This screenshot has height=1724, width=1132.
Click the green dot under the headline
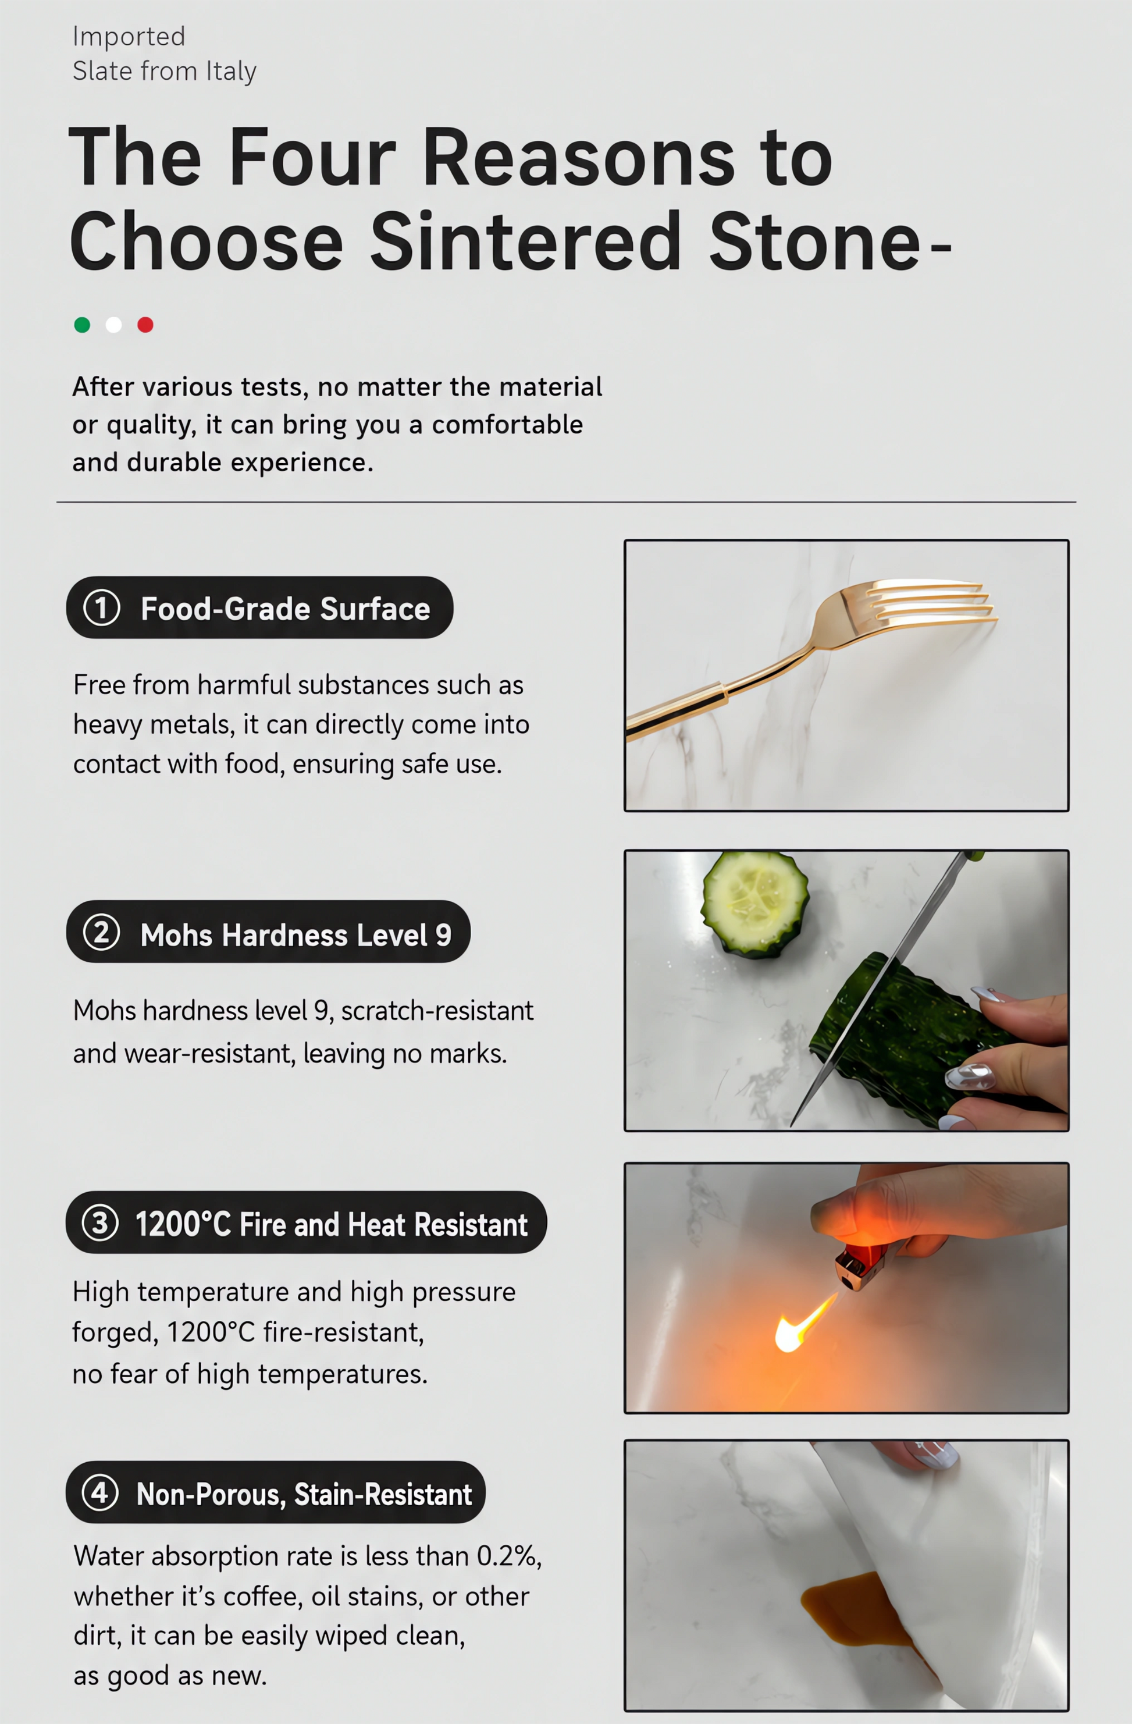[x=82, y=325]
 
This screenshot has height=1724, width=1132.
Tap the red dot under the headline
[x=145, y=325]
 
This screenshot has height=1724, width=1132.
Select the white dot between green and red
[x=113, y=325]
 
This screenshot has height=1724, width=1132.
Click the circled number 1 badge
[x=101, y=608]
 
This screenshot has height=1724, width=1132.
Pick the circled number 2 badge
[x=101, y=932]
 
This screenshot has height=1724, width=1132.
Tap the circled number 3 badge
[x=100, y=1222]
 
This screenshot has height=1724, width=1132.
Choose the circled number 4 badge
[x=100, y=1492]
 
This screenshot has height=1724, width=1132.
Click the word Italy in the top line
[x=231, y=72]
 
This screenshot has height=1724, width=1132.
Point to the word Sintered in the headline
[x=526, y=241]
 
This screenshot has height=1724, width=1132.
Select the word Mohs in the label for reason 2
[x=177, y=935]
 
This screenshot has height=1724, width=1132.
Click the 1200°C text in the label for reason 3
[x=183, y=1225]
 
